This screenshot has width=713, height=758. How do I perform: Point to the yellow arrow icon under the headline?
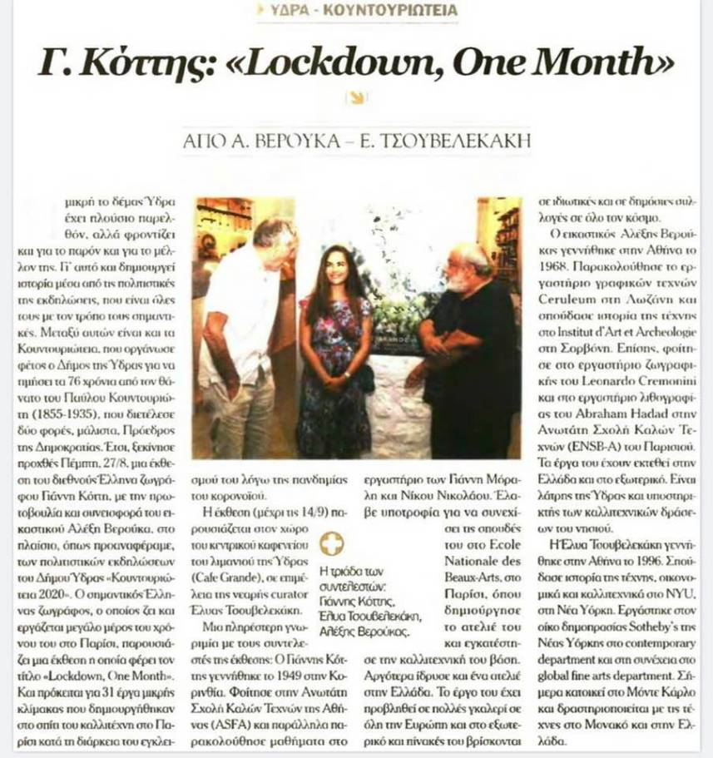pyautogui.click(x=356, y=98)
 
